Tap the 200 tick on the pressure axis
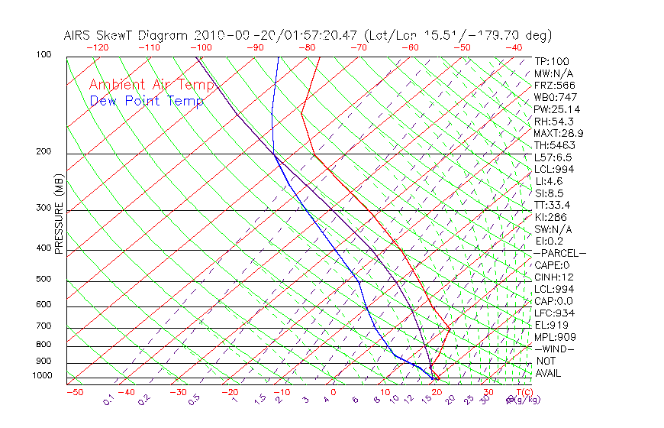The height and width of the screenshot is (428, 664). (44, 152)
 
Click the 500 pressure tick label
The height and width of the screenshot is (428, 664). (44, 280)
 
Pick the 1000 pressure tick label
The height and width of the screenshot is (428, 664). (41, 376)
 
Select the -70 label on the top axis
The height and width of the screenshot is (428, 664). (358, 47)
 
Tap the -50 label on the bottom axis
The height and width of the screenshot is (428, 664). (74, 392)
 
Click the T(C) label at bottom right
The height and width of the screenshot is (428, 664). (517, 391)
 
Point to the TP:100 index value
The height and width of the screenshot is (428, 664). (551, 61)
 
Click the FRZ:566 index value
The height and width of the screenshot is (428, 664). (554, 85)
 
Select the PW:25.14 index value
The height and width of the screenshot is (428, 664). (557, 109)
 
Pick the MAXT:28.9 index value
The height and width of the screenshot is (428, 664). (560, 133)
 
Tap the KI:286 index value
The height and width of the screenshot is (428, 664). (551, 216)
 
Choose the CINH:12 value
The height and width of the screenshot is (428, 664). (554, 277)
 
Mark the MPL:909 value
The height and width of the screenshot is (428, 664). (554, 336)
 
